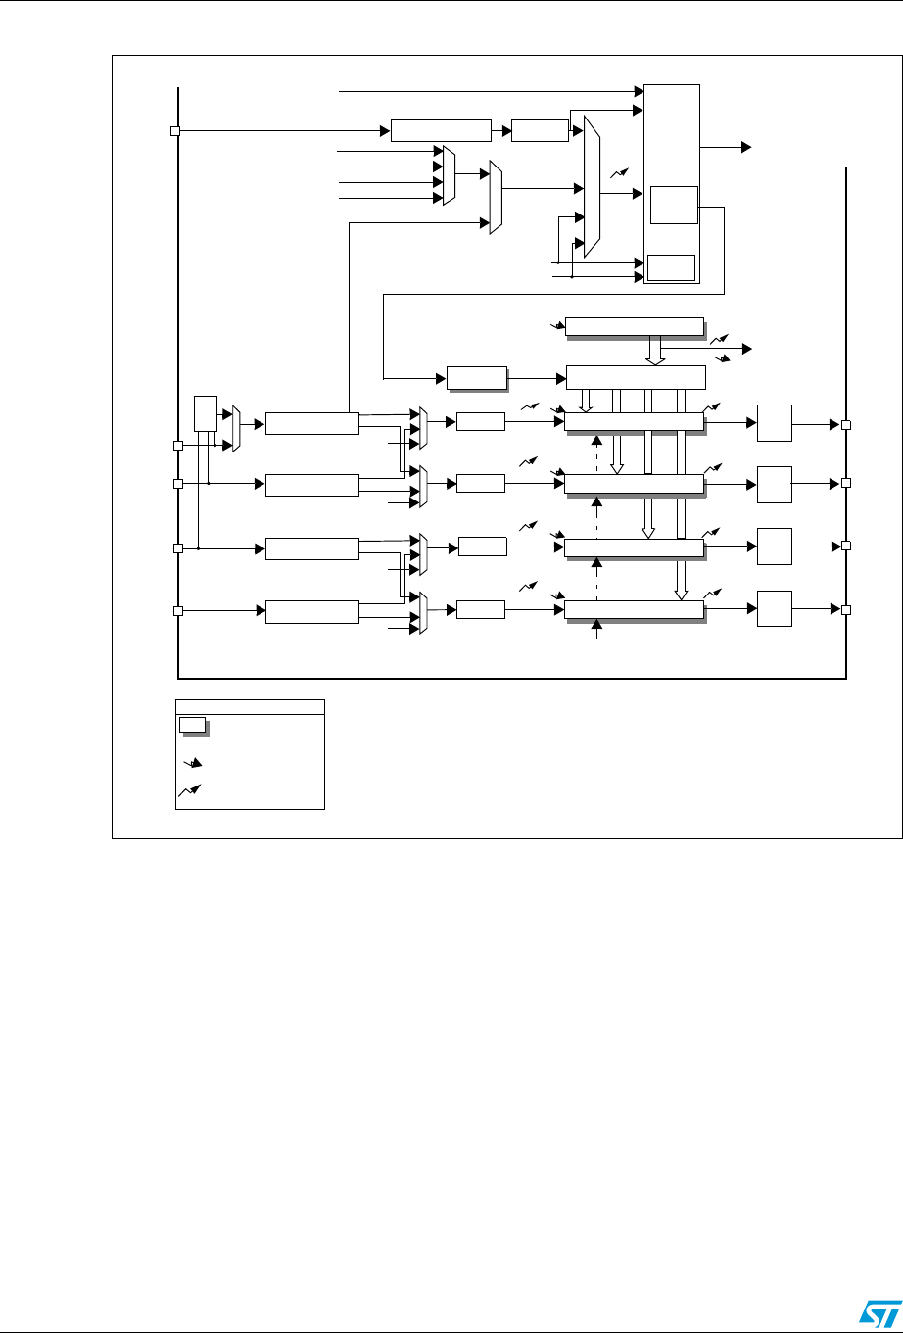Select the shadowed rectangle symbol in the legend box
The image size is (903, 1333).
pos(193,725)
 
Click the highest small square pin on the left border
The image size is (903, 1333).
pos(175,131)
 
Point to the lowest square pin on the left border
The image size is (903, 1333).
pos(178,611)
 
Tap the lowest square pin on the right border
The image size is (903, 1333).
pos(846,609)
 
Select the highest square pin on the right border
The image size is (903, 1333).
pos(846,425)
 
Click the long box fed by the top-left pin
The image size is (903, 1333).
pos(440,131)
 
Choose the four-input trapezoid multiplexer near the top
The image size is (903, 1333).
pos(449,175)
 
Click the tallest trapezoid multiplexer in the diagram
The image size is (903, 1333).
pos(591,186)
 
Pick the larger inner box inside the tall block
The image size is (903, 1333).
pos(673,204)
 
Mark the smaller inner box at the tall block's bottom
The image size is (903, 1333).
pos(671,266)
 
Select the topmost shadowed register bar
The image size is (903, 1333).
pos(635,326)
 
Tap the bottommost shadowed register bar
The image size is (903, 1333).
pos(635,610)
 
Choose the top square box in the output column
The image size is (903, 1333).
pos(774,423)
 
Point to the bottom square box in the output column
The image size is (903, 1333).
pos(774,609)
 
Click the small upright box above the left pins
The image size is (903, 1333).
pos(205,412)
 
